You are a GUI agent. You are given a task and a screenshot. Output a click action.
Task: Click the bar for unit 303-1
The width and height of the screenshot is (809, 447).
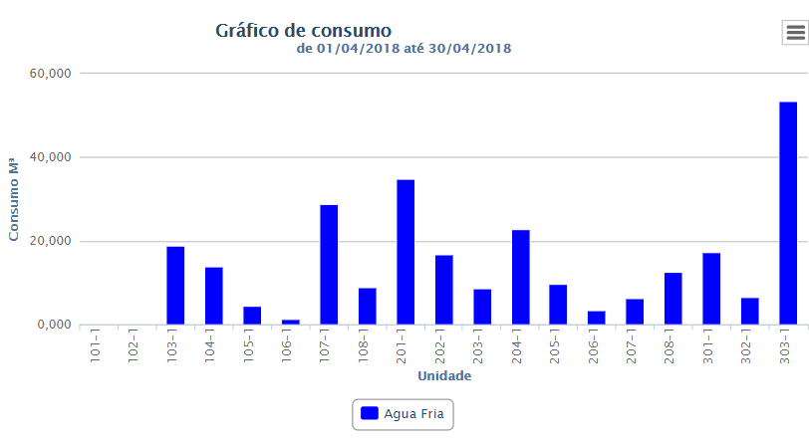[x=788, y=213]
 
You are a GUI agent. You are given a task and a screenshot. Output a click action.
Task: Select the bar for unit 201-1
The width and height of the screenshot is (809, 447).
[x=405, y=252]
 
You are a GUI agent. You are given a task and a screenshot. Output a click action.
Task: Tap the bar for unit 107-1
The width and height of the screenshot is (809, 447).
[x=329, y=264]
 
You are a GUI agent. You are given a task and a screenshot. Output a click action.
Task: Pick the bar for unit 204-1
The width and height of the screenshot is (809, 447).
[x=520, y=277]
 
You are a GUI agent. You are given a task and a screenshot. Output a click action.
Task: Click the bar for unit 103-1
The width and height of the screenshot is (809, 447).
[x=175, y=285]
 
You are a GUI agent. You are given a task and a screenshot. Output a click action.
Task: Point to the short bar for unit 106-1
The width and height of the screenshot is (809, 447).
[x=290, y=322]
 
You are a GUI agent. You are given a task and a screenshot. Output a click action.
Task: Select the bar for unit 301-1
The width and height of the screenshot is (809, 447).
[x=711, y=289]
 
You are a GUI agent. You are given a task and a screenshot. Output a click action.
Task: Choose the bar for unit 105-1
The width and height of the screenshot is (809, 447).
[x=252, y=315]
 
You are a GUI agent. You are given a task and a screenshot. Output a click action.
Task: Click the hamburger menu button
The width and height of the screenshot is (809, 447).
[x=795, y=32]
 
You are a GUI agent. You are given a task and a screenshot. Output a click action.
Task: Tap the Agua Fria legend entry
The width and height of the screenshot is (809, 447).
[x=404, y=413]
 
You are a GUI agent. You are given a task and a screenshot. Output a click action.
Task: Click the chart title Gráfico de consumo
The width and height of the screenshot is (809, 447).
[x=304, y=30]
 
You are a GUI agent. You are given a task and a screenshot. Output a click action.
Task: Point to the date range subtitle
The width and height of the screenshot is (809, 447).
[x=404, y=48]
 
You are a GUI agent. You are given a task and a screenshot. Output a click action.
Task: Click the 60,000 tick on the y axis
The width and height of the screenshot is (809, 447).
[x=49, y=74]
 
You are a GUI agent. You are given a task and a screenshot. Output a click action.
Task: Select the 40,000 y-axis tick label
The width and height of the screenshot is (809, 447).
[x=49, y=157]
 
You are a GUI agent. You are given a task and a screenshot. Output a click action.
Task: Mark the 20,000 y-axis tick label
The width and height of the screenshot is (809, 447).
[x=49, y=241]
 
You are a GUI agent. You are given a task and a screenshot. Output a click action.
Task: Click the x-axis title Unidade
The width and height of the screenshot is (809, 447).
[x=444, y=376]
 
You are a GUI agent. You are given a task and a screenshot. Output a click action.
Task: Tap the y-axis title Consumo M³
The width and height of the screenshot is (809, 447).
[x=14, y=198]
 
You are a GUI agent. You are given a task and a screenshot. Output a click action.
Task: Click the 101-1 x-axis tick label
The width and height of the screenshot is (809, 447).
[x=97, y=344]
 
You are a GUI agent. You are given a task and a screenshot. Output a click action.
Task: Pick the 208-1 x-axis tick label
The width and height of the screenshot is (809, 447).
[x=673, y=344]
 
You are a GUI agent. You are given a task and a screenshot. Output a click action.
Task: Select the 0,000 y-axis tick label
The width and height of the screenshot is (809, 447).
[x=52, y=325]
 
